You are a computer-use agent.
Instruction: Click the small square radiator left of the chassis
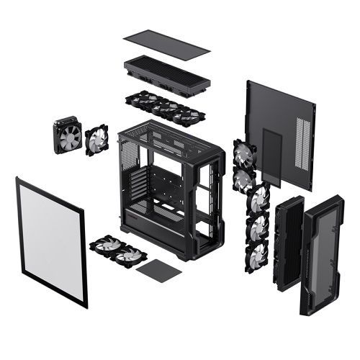tap(68, 135)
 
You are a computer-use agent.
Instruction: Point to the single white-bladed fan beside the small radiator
tap(96, 140)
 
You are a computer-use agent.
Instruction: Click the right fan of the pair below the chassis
tap(130, 255)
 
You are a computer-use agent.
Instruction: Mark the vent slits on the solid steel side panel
tap(302, 148)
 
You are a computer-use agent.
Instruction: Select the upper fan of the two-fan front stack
tap(243, 153)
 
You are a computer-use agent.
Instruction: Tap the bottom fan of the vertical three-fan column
tap(257, 255)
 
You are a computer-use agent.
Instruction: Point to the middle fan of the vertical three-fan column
tap(257, 226)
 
